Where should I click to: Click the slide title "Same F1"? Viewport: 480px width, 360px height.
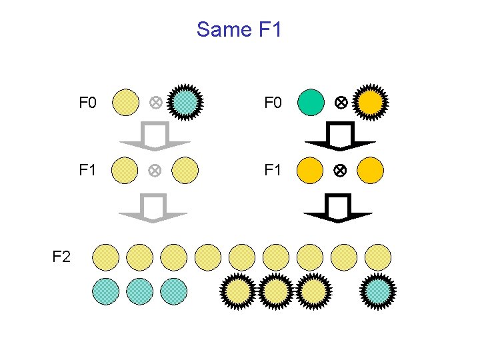[x=239, y=30]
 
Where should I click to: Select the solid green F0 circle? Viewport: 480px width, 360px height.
[x=310, y=103]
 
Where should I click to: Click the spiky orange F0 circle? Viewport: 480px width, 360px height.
[x=371, y=103]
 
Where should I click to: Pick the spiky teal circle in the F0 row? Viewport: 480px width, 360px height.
[x=186, y=103]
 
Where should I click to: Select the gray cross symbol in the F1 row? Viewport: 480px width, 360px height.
[x=155, y=171]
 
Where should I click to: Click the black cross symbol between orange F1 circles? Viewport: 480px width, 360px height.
[x=340, y=171]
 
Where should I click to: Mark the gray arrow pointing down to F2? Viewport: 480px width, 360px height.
[x=153, y=207]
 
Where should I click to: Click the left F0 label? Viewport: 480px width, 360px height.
[x=88, y=103]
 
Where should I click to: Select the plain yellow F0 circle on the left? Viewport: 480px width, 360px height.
[x=125, y=103]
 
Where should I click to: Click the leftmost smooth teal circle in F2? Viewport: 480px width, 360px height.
[x=105, y=291]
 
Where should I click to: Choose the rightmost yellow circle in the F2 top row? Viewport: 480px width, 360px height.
[x=378, y=257]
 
